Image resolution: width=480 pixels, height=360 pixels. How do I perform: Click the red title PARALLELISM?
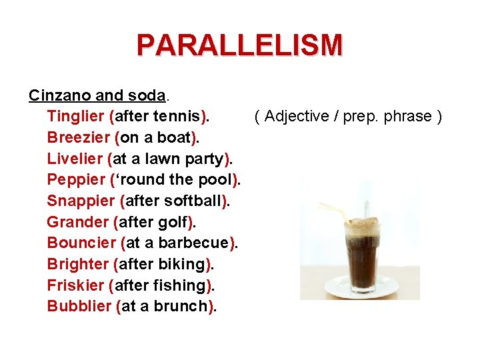[239, 45]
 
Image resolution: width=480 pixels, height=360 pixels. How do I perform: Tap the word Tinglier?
[75, 117]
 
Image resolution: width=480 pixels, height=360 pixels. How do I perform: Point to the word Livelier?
[74, 159]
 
